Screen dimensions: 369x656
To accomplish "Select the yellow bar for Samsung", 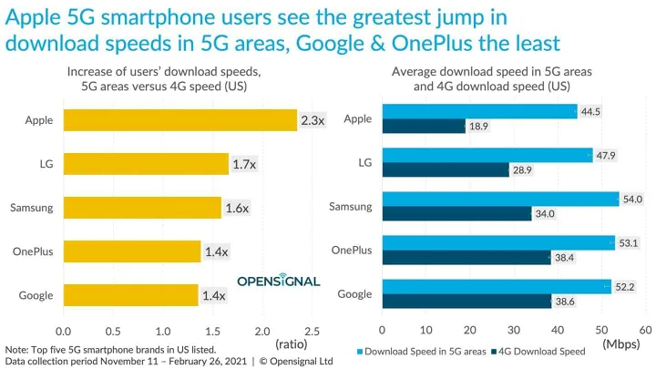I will (142, 208).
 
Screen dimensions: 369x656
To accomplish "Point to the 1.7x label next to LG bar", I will (242, 164).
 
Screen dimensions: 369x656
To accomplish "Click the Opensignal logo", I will (279, 281).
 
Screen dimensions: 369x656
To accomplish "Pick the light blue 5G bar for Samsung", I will (500, 199).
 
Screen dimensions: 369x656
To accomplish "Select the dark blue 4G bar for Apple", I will (424, 127).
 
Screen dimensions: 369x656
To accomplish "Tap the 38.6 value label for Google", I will (567, 302).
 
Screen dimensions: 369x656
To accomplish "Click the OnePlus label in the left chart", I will (31, 251).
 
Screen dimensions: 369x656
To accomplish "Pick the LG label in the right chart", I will (364, 162).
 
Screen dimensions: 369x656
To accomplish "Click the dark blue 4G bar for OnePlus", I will (466, 258).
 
